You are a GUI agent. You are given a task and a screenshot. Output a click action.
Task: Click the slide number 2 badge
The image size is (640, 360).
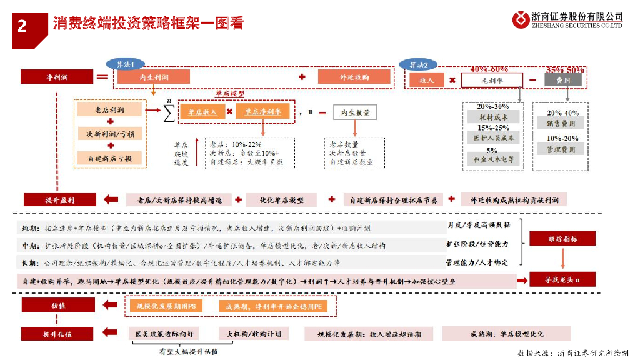coord(22,26)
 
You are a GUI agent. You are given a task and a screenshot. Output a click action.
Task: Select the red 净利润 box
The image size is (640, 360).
coord(57,77)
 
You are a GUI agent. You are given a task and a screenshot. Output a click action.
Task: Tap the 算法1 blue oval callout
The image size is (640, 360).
coord(126,64)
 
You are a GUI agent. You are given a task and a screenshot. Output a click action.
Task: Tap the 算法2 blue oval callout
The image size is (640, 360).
coord(419,64)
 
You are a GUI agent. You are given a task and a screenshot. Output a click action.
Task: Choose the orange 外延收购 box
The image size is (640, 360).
coord(354,77)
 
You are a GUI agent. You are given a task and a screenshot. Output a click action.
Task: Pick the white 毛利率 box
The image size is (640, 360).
coord(491,80)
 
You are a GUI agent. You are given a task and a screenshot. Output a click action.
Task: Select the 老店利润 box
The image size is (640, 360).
coord(109,110)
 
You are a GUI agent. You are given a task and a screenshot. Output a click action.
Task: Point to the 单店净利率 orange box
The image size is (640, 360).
coord(262,112)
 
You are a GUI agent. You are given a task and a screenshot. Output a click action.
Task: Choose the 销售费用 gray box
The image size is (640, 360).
coord(561,123)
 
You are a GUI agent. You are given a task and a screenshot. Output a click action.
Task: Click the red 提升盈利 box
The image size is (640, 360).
coord(59,200)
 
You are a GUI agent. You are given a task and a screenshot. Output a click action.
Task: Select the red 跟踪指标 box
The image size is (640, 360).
coord(555,239)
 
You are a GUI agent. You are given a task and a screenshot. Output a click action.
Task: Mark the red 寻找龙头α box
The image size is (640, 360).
coord(555,279)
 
